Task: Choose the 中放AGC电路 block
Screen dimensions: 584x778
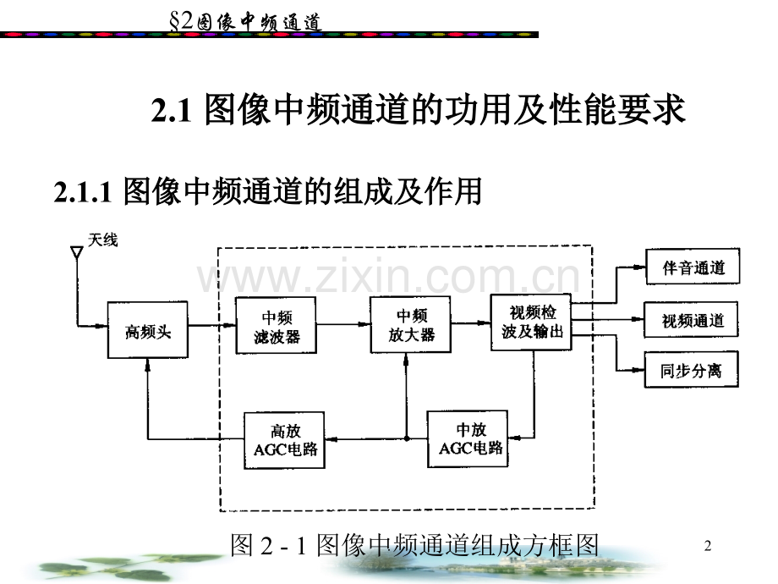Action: coord(470,438)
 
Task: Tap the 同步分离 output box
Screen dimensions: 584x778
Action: coord(691,370)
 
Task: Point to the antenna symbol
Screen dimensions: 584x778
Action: coord(75,253)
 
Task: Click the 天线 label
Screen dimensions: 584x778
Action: coord(103,241)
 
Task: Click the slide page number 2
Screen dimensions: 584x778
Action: coord(708,548)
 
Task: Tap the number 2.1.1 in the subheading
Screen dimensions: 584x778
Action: coord(83,193)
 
